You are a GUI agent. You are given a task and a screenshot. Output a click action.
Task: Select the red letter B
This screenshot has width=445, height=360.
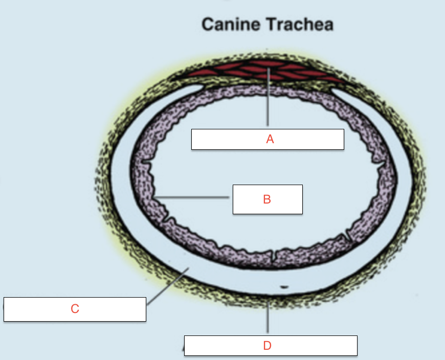tap(267, 199)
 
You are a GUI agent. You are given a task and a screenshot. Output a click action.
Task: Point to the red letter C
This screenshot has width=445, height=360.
tap(75, 309)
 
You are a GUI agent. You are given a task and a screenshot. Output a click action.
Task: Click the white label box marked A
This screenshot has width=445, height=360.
tap(307, 139)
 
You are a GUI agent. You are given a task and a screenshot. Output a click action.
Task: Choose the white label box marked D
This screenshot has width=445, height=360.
tap(317, 346)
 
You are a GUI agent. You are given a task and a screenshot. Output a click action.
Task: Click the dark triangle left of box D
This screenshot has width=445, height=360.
tap(182, 349)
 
